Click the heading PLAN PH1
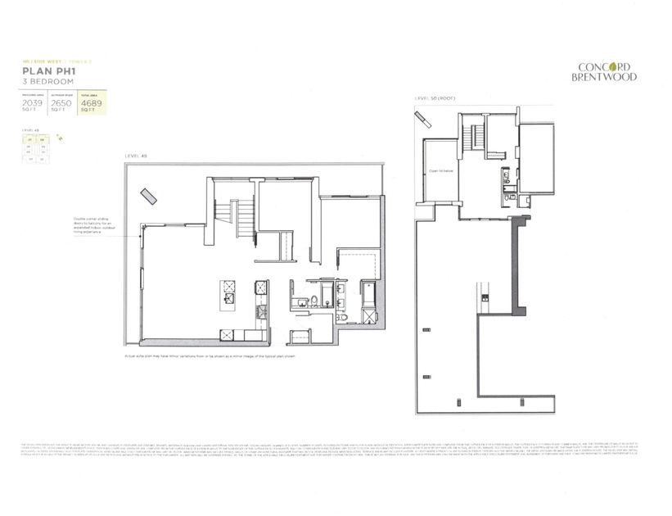[x=47, y=72]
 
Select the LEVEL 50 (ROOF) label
[x=434, y=98]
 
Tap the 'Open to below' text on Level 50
[x=440, y=171]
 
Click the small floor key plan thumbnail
[x=37, y=150]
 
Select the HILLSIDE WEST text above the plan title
[x=36, y=62]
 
